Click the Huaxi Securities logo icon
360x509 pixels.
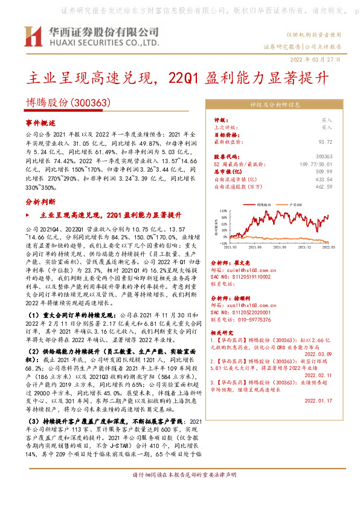click(34, 36)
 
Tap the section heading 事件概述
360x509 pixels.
click(40, 122)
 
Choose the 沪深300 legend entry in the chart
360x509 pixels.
click(297, 206)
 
